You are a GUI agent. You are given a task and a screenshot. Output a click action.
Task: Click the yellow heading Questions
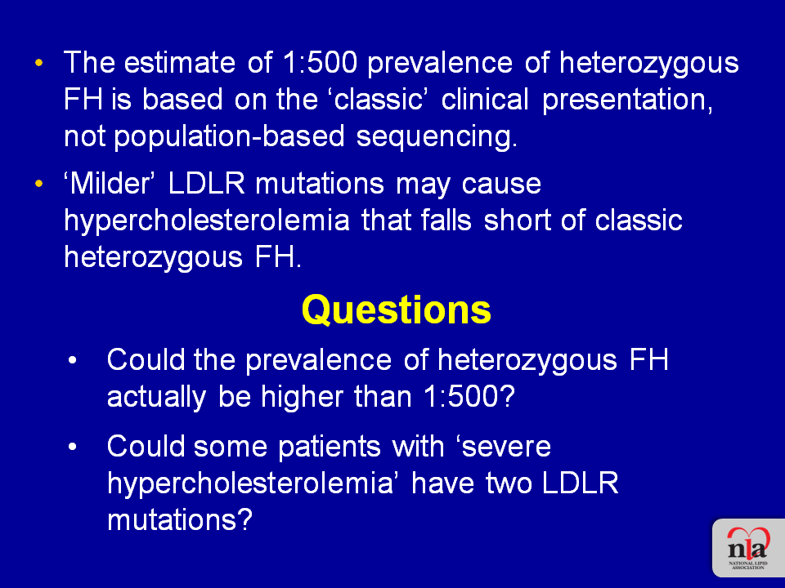click(x=396, y=311)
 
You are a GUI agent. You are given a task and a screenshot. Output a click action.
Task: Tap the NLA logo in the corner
click(x=748, y=548)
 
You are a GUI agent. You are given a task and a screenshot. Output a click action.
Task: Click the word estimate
click(x=179, y=63)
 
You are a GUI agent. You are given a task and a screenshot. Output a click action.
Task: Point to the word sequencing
click(x=437, y=137)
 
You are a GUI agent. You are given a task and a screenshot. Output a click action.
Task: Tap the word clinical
click(x=485, y=99)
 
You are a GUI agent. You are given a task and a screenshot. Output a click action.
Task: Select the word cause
click(x=501, y=185)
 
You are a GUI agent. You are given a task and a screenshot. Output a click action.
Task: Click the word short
click(x=516, y=220)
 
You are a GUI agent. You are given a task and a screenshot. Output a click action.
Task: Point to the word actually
click(x=156, y=398)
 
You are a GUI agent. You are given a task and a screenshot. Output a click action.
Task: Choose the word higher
click(x=302, y=398)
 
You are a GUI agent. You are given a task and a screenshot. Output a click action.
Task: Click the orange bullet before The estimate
click(x=39, y=64)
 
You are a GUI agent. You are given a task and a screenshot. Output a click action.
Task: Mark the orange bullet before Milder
click(x=39, y=184)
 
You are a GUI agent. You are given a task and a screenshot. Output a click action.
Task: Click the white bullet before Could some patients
click(x=73, y=447)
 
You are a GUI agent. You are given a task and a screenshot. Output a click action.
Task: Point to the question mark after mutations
click(x=244, y=520)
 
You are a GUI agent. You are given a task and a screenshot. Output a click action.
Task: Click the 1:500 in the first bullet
click(x=320, y=63)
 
